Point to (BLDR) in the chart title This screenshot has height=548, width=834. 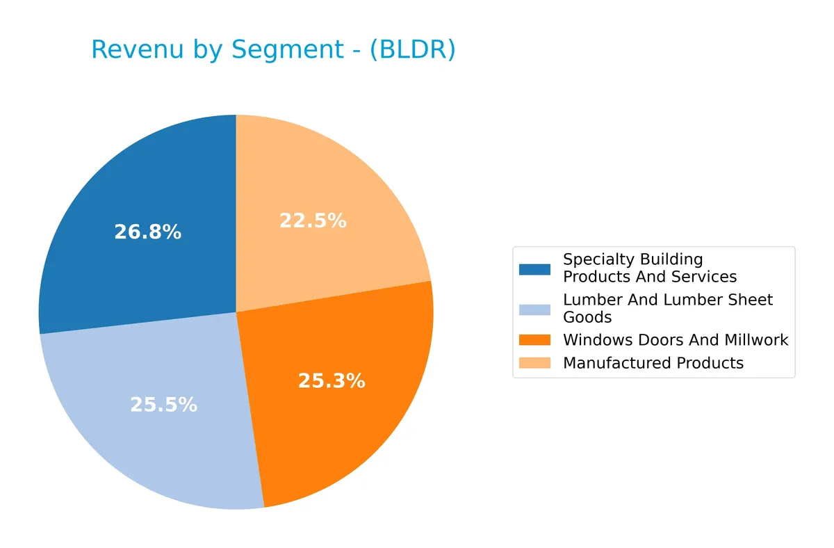pyautogui.click(x=412, y=50)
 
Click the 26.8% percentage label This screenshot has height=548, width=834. pyautogui.click(x=147, y=232)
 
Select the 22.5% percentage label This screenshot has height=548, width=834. pyautogui.click(x=312, y=221)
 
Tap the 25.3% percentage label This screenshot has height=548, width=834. pyautogui.click(x=332, y=381)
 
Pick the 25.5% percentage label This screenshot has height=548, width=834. pyautogui.click(x=163, y=405)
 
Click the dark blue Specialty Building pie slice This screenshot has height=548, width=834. pyautogui.click(x=139, y=195)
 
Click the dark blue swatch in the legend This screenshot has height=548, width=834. pyautogui.click(x=534, y=268)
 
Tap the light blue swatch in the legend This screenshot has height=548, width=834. pyautogui.click(x=534, y=309)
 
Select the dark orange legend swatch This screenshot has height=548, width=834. pyautogui.click(x=534, y=340)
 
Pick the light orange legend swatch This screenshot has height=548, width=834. pyautogui.click(x=534, y=363)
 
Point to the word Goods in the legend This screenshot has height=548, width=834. pyautogui.click(x=587, y=318)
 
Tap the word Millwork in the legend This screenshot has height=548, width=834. pyautogui.click(x=756, y=340)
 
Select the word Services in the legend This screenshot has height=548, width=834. pyautogui.click(x=703, y=277)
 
